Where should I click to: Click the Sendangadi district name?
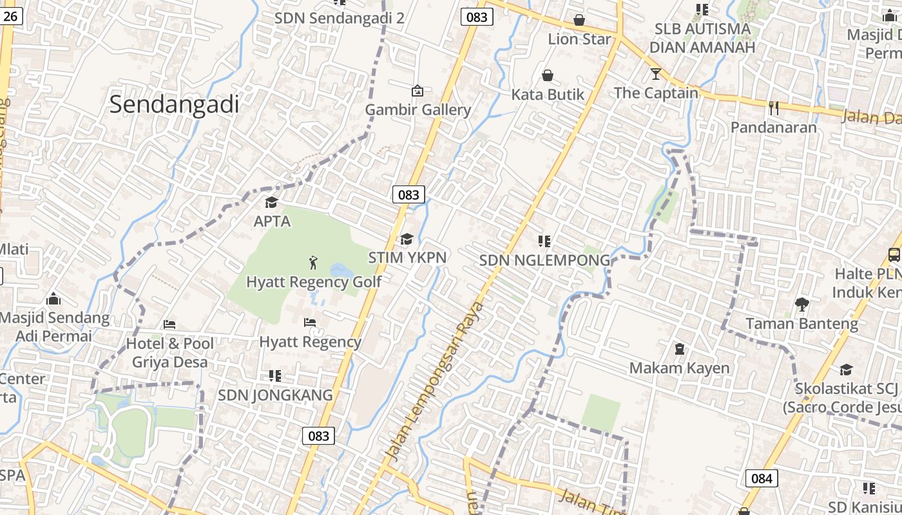pyautogui.click(x=174, y=104)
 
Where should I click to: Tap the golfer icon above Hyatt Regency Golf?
pyautogui.click(x=314, y=263)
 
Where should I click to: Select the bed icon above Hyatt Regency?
pyautogui.click(x=310, y=322)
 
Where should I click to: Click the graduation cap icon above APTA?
pyautogui.click(x=272, y=203)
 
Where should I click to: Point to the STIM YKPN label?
pyautogui.click(x=407, y=257)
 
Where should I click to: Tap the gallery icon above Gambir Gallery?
pyautogui.click(x=417, y=91)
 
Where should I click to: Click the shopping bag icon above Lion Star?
pyautogui.click(x=579, y=20)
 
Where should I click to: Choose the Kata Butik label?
pyautogui.click(x=548, y=95)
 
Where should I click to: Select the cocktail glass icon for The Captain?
pyautogui.click(x=656, y=73)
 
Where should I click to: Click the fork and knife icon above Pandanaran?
pyautogui.click(x=774, y=108)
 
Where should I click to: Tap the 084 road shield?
pyautogui.click(x=761, y=478)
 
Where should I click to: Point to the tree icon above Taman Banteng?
pyautogui.click(x=802, y=304)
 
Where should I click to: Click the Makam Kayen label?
pyautogui.click(x=679, y=368)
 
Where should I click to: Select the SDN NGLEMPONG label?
pyautogui.click(x=544, y=260)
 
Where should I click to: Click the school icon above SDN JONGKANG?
pyautogui.click(x=275, y=375)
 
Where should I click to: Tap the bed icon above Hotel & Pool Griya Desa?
pyautogui.click(x=169, y=324)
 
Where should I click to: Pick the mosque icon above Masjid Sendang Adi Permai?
pyautogui.click(x=53, y=299)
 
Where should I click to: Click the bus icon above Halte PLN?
pyautogui.click(x=894, y=254)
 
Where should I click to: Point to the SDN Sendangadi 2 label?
pyautogui.click(x=340, y=17)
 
